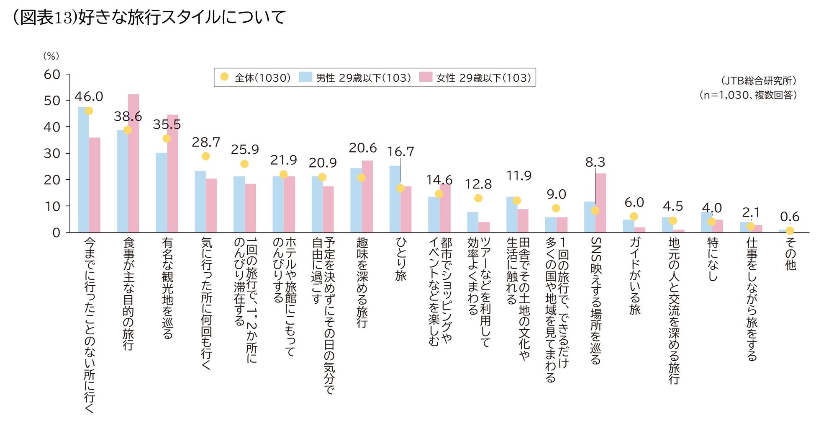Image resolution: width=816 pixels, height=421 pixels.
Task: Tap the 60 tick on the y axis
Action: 52,75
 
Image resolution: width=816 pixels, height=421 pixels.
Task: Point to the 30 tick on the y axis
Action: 52,153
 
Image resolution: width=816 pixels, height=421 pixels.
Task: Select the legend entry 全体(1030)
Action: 255,77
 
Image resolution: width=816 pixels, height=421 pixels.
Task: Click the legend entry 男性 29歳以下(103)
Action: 356,77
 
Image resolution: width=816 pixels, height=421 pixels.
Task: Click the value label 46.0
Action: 89,97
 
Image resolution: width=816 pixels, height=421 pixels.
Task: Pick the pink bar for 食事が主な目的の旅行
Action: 133,163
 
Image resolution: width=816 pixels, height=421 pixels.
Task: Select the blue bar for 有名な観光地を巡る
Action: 161,193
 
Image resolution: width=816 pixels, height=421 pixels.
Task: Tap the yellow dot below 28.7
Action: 205,156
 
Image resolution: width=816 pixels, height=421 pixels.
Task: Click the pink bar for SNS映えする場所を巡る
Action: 600,203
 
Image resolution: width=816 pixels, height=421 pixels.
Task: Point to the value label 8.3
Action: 595,162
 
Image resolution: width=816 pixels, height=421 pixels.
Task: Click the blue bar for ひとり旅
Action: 395,199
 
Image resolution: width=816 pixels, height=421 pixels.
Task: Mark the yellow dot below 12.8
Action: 478,198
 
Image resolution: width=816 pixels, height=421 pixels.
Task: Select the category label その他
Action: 790,254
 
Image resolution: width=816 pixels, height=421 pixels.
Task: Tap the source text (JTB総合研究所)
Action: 758,80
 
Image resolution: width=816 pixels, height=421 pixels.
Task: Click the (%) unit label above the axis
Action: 51,56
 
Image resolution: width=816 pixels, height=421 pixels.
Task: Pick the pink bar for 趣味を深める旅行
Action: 367,196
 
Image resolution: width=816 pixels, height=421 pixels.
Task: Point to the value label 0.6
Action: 790,217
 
